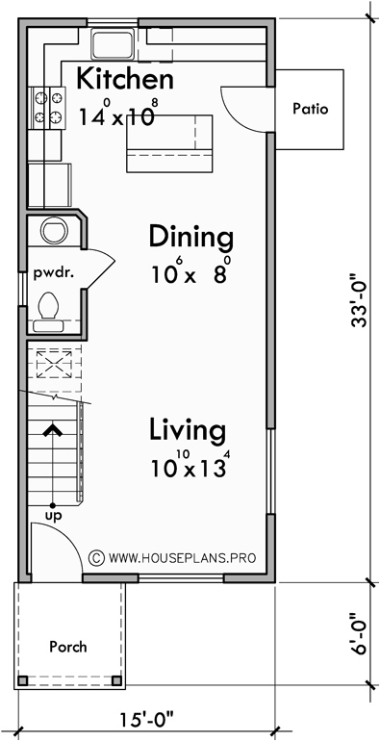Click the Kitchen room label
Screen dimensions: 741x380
[x=125, y=79]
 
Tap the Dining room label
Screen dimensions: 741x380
[x=190, y=237]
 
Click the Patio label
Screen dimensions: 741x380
[x=310, y=109]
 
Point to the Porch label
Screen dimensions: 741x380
[x=67, y=647]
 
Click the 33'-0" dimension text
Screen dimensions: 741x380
[x=360, y=303]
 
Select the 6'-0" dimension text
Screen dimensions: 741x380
[x=360, y=633]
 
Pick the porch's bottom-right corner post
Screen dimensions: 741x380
[x=117, y=681]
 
